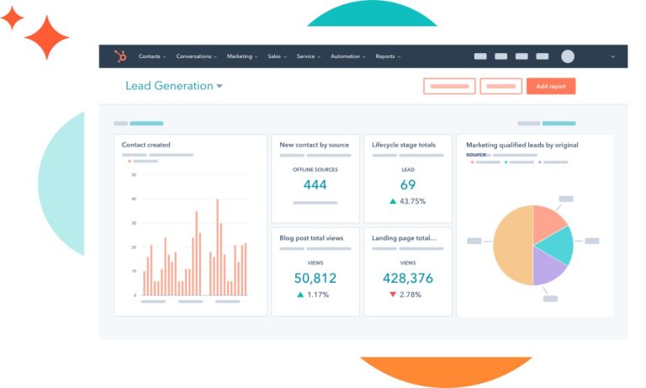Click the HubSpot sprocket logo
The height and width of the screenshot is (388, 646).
119,56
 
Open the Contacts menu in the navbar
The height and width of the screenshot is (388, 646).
151,56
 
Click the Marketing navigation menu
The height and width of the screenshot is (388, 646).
241,56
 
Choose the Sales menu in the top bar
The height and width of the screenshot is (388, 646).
276,56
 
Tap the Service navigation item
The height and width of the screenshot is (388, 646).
307,56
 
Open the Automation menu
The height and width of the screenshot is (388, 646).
347,56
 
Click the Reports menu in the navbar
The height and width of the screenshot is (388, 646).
387,56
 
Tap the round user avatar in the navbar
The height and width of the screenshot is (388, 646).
568,56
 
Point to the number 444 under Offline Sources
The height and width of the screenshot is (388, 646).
315,185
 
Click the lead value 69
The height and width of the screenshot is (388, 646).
408,185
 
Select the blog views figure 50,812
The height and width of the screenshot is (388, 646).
315,278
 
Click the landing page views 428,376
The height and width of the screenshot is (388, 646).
408,278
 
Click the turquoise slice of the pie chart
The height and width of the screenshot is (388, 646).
557,243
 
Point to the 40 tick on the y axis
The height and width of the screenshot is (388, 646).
133,199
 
